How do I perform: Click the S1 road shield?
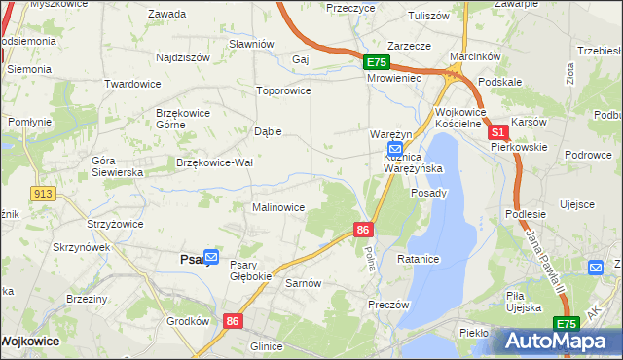pos(497,131)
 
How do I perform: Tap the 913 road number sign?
pos(41,194)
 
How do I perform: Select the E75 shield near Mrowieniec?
pos(377,62)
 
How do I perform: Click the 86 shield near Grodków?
pos(232,319)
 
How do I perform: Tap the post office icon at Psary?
pos(211,258)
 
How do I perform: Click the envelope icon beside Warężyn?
pos(382,148)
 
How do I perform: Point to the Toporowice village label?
pos(282,90)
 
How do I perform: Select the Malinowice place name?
pos(279,207)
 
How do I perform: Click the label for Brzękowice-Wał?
pos(215,162)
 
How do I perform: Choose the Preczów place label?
pos(387,305)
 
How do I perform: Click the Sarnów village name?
pos(304,283)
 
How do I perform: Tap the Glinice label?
pos(266,346)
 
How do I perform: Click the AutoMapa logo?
pos(557,342)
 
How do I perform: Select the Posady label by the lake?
pos(429,193)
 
